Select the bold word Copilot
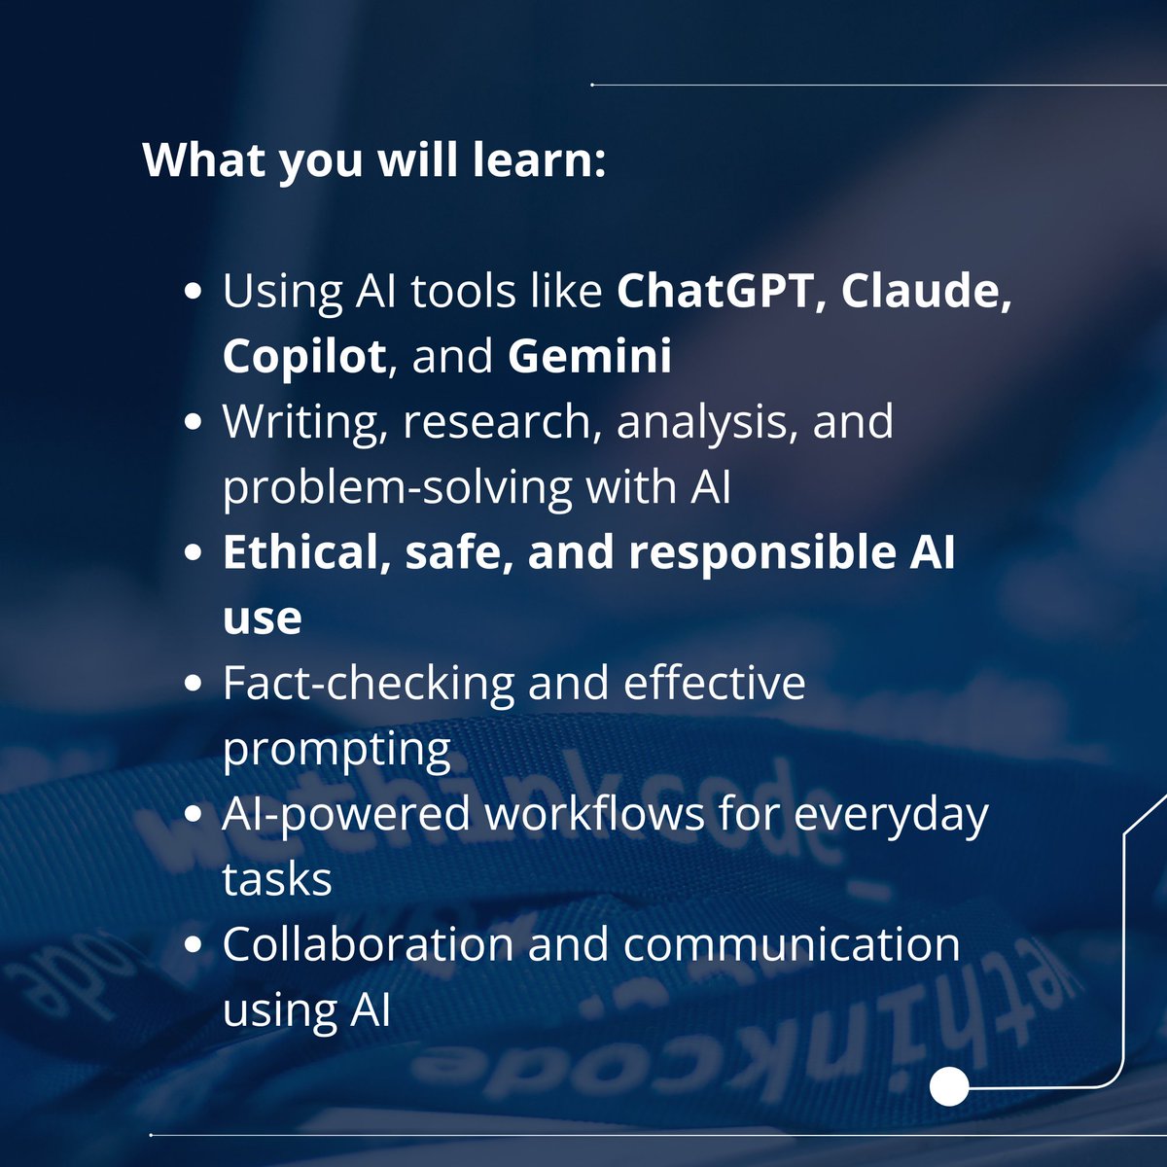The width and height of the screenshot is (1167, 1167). coord(303,357)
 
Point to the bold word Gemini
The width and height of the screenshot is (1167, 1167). coord(589,357)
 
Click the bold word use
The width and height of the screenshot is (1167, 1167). coord(262,618)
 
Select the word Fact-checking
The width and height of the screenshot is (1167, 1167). coord(367,683)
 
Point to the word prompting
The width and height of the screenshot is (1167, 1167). coord(336,749)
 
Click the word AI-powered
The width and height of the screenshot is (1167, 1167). coord(345,814)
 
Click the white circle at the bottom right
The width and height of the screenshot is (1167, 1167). coord(949,1087)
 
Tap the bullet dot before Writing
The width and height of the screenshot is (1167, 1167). coord(194,422)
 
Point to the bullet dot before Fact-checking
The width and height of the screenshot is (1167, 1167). coord(194,683)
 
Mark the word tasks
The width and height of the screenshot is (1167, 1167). coord(276,879)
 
